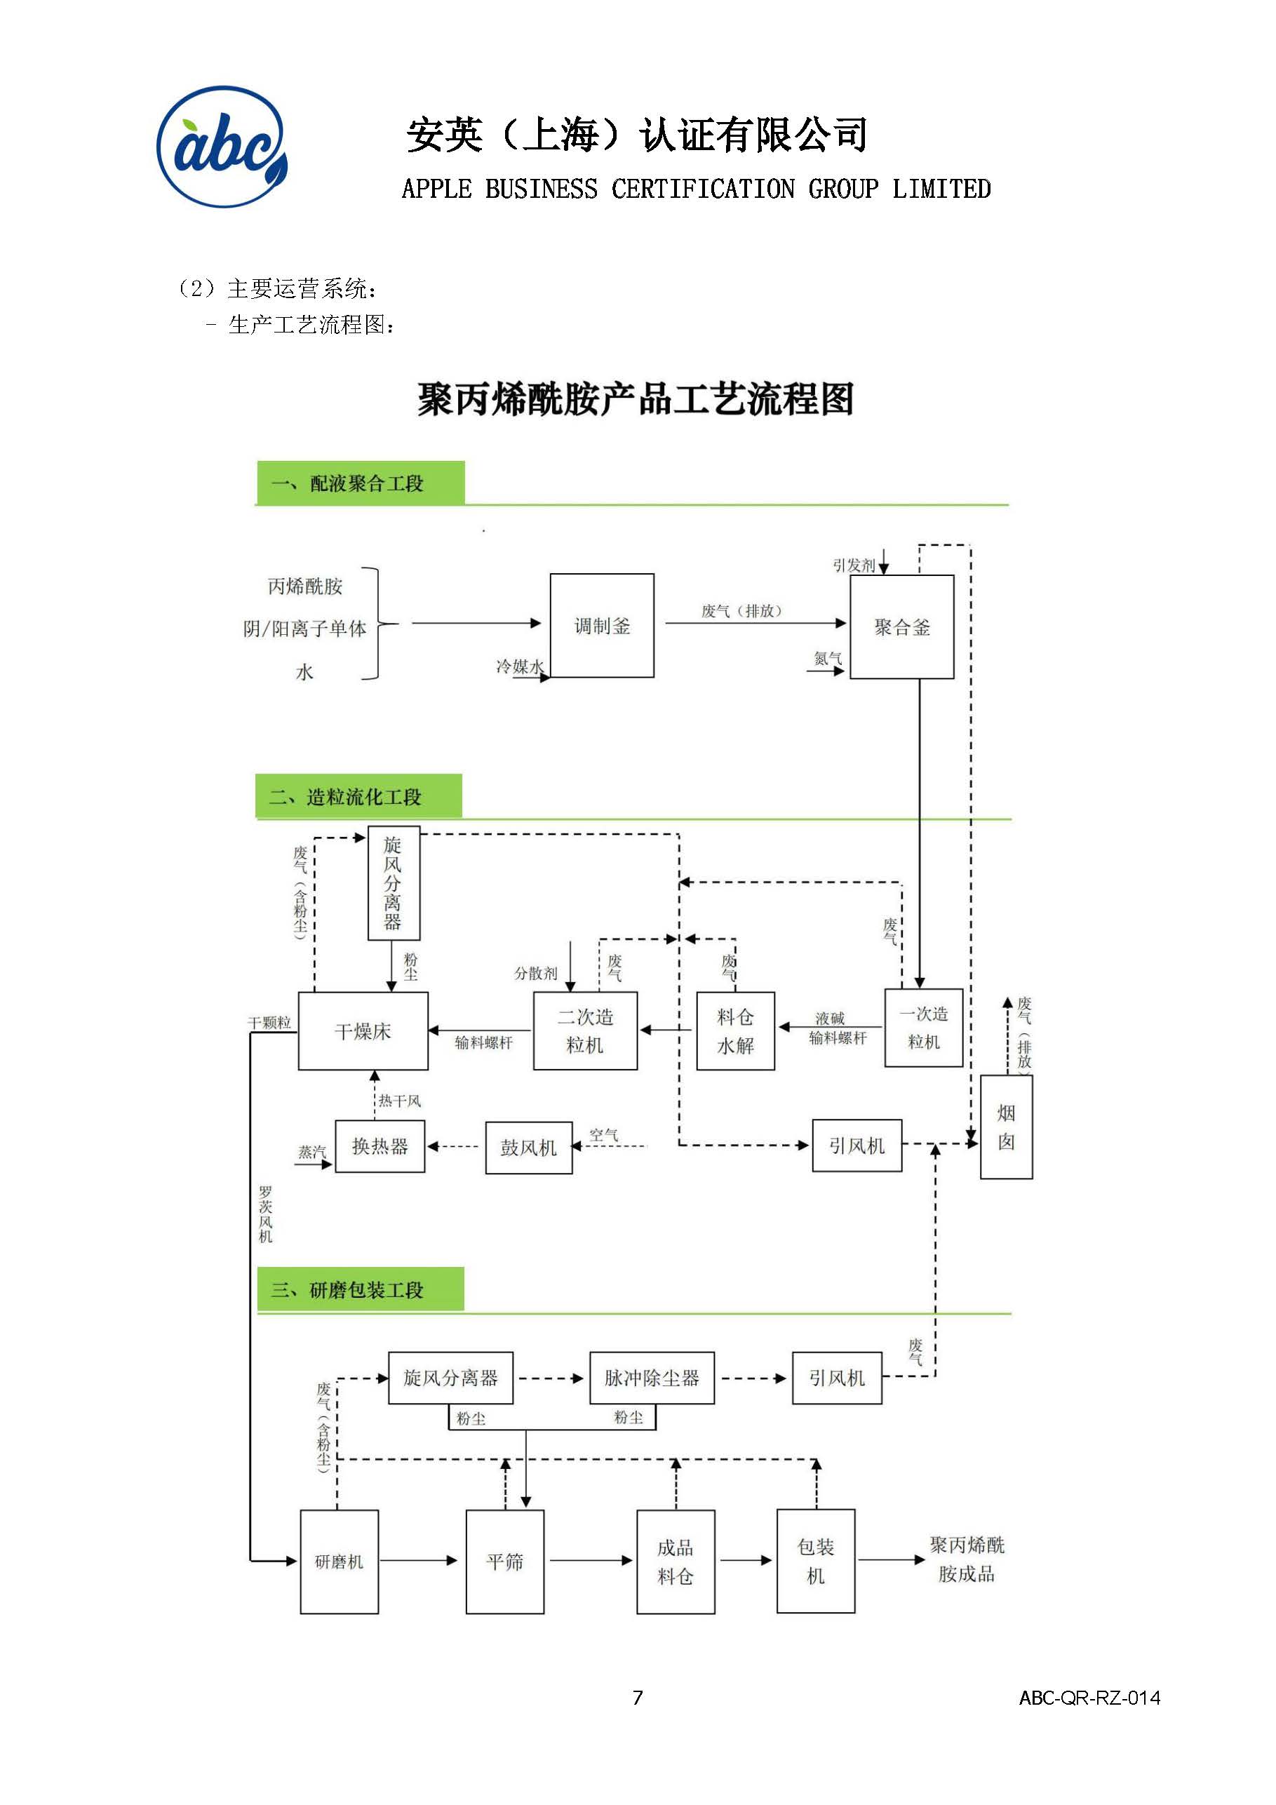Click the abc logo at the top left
click(222, 147)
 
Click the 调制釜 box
click(601, 626)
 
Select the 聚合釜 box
click(902, 626)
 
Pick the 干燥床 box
click(363, 1031)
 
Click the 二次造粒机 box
click(585, 1031)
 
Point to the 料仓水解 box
click(735, 1031)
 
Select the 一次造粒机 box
click(923, 1028)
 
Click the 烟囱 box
click(1005, 1127)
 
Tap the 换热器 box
click(380, 1146)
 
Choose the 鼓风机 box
click(528, 1148)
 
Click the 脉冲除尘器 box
click(652, 1378)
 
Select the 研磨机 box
click(339, 1562)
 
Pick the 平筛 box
click(505, 1562)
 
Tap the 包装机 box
click(815, 1562)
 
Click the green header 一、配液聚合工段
click(360, 483)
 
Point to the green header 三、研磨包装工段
click(360, 1289)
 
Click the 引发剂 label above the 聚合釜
click(853, 565)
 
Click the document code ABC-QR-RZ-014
click(1089, 1698)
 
